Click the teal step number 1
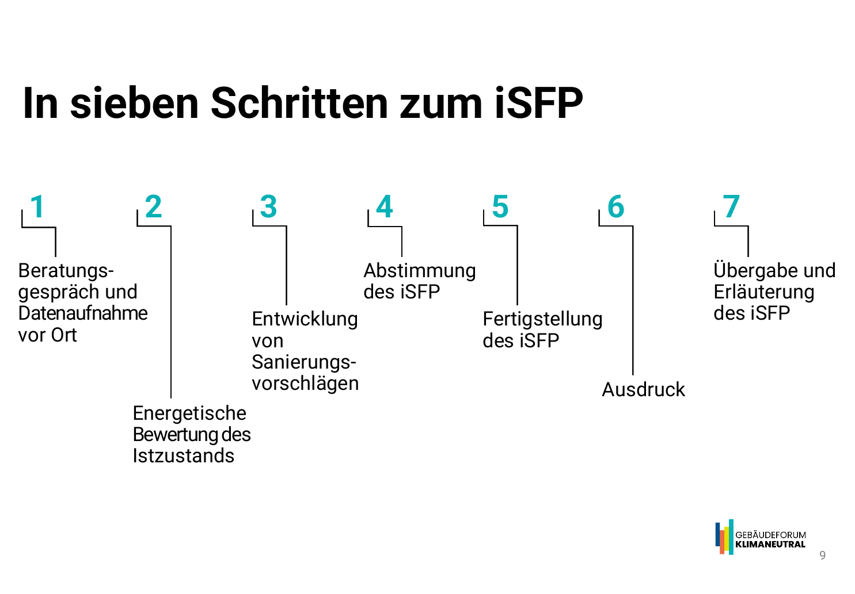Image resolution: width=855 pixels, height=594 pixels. click(x=37, y=207)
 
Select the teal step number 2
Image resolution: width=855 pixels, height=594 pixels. click(x=153, y=207)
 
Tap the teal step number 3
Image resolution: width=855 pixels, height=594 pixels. click(x=268, y=207)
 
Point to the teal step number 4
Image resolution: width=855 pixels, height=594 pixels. click(x=384, y=207)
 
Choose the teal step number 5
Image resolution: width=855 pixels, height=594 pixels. click(x=500, y=207)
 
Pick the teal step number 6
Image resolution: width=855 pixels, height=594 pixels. click(x=615, y=207)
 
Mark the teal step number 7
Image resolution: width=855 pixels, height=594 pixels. click(x=731, y=207)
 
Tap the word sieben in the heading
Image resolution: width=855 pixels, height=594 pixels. click(x=135, y=104)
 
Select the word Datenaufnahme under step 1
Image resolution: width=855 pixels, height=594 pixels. click(x=83, y=313)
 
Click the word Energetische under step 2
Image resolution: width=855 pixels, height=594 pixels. click(x=189, y=413)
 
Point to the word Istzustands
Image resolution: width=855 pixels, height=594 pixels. click(x=183, y=456)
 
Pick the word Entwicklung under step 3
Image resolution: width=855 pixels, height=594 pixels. click(x=305, y=319)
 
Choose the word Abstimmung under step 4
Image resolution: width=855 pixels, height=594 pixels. click(x=420, y=271)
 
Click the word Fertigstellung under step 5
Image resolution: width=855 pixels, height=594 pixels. click(x=542, y=319)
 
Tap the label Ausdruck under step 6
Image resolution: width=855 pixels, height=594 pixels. click(x=643, y=390)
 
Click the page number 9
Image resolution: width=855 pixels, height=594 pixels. click(x=822, y=555)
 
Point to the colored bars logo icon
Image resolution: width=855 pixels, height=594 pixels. click(x=724, y=537)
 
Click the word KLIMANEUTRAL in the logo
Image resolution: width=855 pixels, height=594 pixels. click(x=770, y=544)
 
